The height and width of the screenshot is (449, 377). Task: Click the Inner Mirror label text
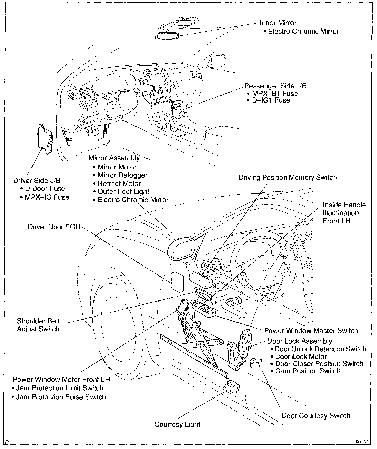278,23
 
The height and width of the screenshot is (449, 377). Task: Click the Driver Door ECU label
54,227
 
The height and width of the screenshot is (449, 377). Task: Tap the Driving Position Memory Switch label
288,178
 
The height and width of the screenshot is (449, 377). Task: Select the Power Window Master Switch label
311,331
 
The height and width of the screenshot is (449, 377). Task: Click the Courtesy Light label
177,424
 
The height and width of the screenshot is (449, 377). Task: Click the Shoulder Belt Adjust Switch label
38,325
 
